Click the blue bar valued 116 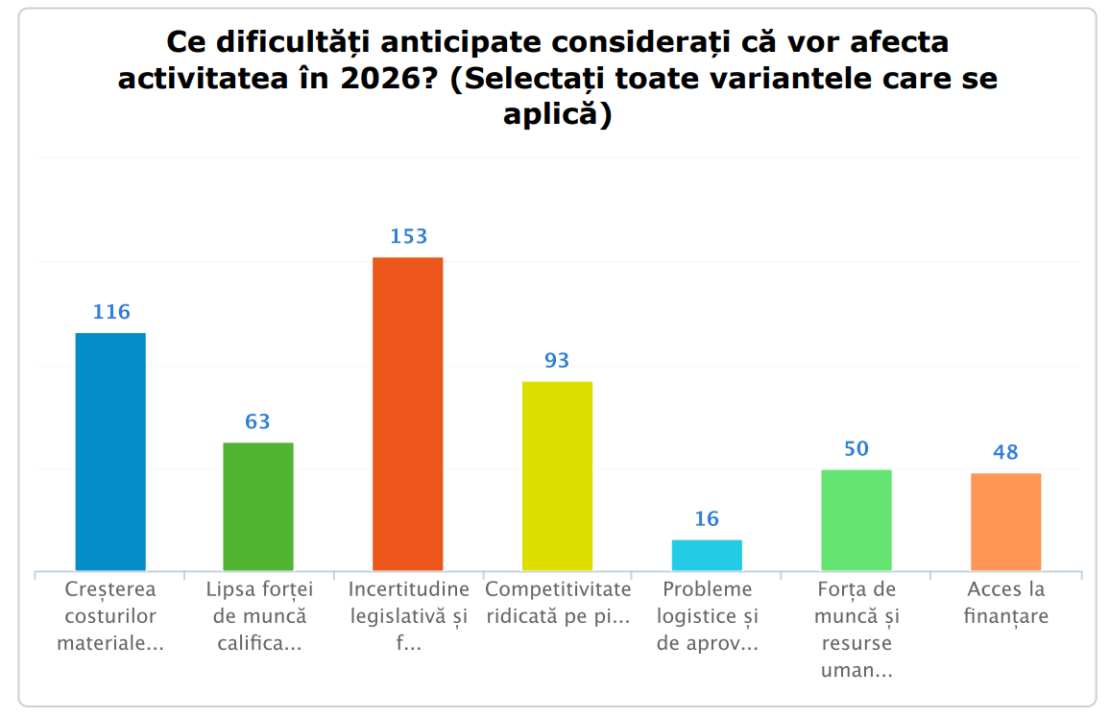point(110,451)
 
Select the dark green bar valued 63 point(258,506)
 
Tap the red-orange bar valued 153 point(408,414)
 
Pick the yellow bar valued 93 point(557,476)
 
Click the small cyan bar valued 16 point(707,555)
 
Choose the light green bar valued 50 point(857,520)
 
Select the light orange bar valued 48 point(1005,522)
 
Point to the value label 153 point(408,236)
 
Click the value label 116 point(111,312)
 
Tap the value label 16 point(707,519)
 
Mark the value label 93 point(557,361)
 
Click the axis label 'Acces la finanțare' point(1005,602)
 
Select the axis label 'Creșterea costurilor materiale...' point(110,615)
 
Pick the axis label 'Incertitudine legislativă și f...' point(408,615)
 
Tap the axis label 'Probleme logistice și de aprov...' point(708,615)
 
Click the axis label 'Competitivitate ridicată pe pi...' point(558,602)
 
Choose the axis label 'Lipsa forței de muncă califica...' point(258,615)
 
